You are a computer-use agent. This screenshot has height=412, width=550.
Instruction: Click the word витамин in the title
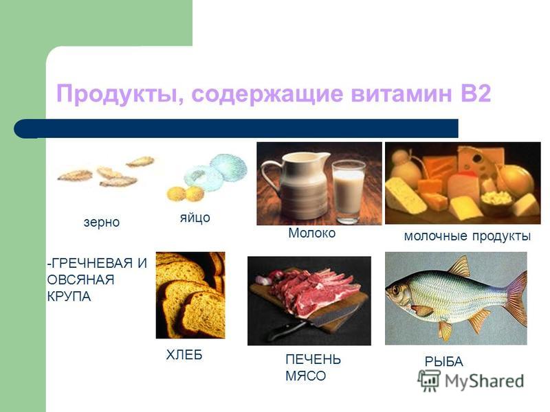pos(401,93)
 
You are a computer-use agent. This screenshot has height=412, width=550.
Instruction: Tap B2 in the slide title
pos(474,93)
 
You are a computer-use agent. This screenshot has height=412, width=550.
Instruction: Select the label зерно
pos(102,222)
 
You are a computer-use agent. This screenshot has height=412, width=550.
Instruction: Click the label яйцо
pos(195,218)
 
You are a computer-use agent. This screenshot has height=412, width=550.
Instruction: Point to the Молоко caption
pos(312,233)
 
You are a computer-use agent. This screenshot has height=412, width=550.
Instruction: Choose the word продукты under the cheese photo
pos(501,236)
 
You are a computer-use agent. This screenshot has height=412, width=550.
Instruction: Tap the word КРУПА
pos(69,297)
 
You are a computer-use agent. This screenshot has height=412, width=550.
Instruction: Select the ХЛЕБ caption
pos(184,355)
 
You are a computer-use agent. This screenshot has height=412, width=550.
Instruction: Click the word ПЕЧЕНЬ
pos(313,359)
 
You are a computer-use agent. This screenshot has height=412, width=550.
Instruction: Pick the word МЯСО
pos(305,376)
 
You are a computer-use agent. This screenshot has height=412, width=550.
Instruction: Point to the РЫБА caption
pos(443,362)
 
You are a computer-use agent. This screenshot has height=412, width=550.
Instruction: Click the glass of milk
pos(349,192)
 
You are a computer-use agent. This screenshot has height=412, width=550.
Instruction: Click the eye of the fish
pos(396,290)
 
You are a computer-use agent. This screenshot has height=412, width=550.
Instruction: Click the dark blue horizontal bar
pos(236,128)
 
